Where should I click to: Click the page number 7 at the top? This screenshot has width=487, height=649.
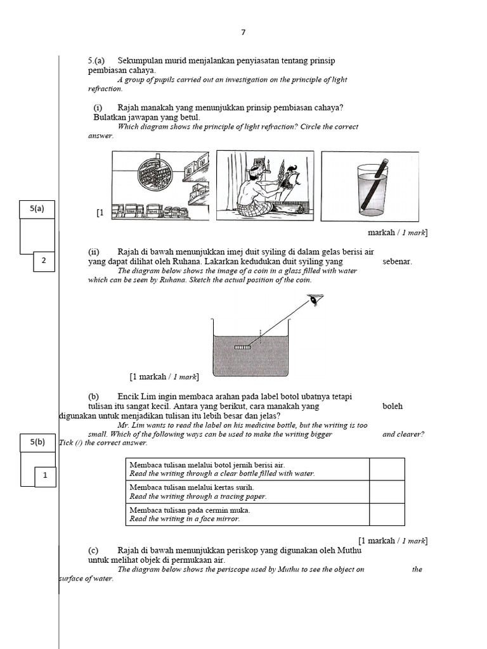pyautogui.click(x=243, y=32)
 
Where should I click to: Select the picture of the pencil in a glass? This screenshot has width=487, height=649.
pyautogui.click(x=369, y=186)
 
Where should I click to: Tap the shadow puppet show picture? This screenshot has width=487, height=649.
pyautogui.click(x=265, y=185)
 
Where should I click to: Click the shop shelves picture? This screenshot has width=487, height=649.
pyautogui.click(x=160, y=185)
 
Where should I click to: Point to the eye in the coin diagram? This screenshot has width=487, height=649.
pyautogui.click(x=313, y=299)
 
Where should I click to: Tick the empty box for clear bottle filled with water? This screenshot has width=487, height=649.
pyautogui.click(x=387, y=469)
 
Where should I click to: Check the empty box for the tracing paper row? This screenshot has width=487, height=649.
pyautogui.click(x=387, y=492)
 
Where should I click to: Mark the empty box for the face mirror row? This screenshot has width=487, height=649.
pyautogui.click(x=387, y=514)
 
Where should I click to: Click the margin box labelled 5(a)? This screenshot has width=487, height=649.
pyautogui.click(x=37, y=209)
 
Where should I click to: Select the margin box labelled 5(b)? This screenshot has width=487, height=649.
pyautogui.click(x=37, y=442)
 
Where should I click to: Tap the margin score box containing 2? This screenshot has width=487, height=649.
pyautogui.click(x=43, y=260)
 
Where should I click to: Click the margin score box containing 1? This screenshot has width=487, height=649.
pyautogui.click(x=45, y=475)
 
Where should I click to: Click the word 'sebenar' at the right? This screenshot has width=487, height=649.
pyautogui.click(x=397, y=261)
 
